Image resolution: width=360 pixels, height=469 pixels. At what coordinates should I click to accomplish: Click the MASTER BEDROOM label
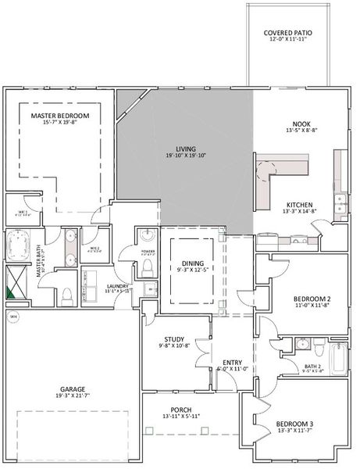(60, 116)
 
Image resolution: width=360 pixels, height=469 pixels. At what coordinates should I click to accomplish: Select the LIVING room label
(185, 149)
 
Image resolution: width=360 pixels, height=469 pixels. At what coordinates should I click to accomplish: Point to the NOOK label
(301, 124)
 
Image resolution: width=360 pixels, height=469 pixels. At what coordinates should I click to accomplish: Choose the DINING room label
(192, 263)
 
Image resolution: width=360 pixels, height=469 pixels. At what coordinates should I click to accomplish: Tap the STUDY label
(173, 338)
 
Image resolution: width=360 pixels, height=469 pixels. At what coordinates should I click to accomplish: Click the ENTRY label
(232, 362)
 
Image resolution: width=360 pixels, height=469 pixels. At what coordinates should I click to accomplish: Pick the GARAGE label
(73, 388)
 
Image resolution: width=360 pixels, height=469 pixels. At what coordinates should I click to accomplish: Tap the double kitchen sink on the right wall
(340, 206)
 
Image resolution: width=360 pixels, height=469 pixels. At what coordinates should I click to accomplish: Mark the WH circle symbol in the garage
(13, 317)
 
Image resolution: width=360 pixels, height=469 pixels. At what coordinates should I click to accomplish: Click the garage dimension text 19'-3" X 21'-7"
(73, 397)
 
